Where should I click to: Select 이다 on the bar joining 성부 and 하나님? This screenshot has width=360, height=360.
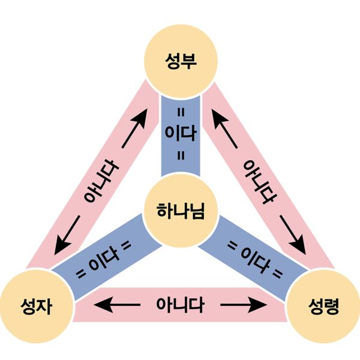pyautogui.click(x=180, y=134)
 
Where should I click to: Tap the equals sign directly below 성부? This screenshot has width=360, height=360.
pyautogui.click(x=180, y=112)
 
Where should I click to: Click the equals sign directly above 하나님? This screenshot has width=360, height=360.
pyautogui.click(x=180, y=156)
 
